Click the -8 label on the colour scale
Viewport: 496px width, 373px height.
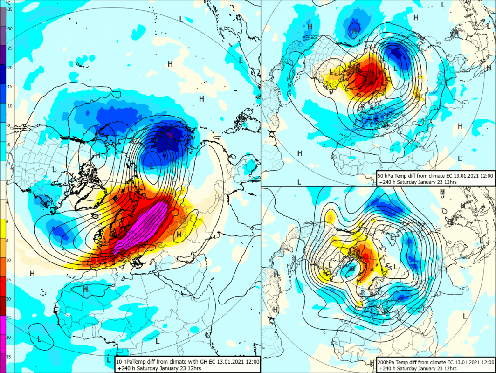[9, 125]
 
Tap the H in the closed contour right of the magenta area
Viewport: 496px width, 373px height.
[179, 234]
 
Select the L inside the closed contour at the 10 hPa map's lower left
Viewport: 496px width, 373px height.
[39, 339]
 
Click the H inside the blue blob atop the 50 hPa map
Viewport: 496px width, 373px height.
[354, 31]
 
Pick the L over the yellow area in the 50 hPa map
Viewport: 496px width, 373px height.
[331, 72]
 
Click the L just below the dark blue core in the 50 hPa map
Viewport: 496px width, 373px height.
[395, 68]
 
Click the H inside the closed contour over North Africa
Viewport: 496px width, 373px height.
[86, 289]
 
